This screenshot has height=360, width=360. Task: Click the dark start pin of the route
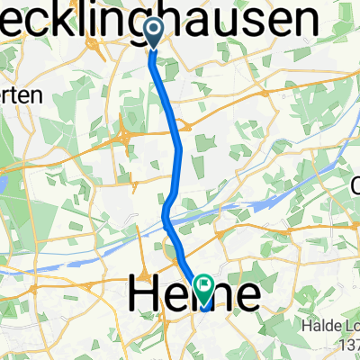(x=152, y=33)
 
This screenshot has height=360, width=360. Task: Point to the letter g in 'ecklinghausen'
(x=167, y=18)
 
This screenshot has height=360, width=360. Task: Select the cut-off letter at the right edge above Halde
(x=354, y=187)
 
